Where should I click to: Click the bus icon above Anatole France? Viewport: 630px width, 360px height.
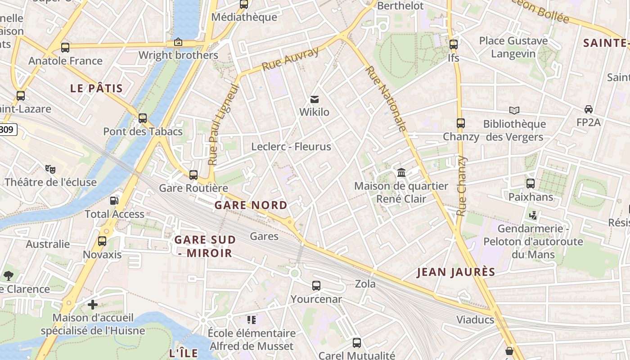tap(65, 47)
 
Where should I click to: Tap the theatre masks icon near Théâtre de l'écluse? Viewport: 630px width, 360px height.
tap(50, 169)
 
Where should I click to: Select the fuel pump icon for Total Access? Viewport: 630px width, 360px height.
tap(114, 201)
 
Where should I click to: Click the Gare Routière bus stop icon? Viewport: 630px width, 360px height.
tap(193, 175)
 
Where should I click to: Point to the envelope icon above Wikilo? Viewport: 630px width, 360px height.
tap(315, 99)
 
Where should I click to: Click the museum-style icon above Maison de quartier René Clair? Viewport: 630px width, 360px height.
tap(401, 172)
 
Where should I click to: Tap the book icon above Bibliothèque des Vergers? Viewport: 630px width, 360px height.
tap(514, 110)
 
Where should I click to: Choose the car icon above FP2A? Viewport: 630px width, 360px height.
tap(588, 109)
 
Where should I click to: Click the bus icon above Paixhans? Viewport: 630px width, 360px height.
tap(531, 183)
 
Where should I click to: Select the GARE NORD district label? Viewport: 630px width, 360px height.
tap(251, 205)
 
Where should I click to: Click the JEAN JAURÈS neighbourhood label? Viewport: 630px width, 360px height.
tap(456, 272)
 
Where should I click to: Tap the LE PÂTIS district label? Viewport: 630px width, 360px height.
tap(96, 88)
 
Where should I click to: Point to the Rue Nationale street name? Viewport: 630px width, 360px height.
tap(386, 99)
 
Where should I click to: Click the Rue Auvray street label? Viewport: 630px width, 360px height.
tap(290, 59)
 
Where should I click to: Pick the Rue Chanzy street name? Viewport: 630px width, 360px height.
tap(461, 186)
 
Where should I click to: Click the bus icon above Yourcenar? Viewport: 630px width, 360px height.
tap(316, 285)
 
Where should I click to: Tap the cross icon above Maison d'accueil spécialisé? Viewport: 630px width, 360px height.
tap(93, 305)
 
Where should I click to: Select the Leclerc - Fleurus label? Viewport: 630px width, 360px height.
tap(291, 147)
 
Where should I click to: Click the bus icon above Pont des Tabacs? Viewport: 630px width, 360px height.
tap(143, 118)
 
